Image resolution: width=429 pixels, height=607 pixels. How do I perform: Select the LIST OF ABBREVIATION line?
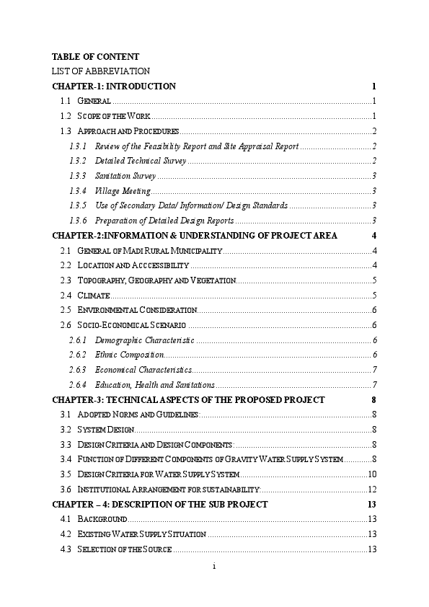101,71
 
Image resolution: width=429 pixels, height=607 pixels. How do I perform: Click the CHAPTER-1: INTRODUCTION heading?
114,87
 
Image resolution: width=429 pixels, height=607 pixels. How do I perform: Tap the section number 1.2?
66,116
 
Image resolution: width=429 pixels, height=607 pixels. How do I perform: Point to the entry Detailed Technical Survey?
141,161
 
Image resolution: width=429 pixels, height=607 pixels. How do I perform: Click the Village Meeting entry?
123,191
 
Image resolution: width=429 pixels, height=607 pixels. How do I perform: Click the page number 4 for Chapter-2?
373,236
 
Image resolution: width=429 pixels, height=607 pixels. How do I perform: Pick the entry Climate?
94,296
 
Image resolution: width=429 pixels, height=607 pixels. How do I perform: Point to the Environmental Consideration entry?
137,310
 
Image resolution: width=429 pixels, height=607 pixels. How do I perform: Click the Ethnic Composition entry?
130,355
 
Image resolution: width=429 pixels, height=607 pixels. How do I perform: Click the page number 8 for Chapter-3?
373,399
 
